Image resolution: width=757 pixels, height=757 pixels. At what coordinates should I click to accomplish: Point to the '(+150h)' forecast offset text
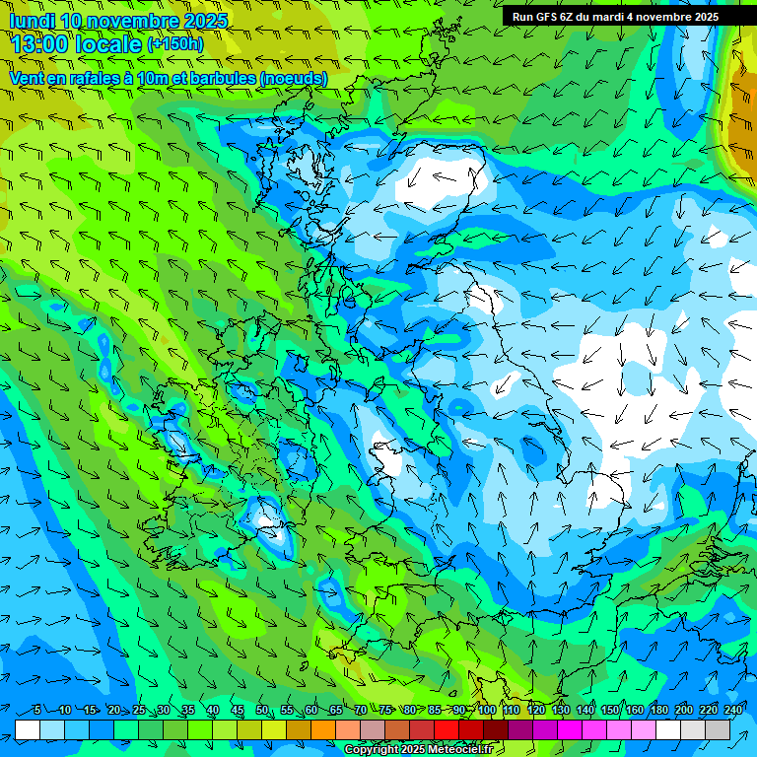pos(175,43)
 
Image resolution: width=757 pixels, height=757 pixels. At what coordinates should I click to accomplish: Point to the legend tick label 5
pos(37,710)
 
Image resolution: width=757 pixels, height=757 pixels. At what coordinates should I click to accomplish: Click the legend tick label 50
pos(262,710)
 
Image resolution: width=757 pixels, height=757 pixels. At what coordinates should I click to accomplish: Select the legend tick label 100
pos(487,710)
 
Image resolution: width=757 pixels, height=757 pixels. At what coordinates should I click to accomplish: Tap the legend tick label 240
pos(733,710)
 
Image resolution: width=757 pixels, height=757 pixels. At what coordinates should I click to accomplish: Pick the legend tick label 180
pos(659,710)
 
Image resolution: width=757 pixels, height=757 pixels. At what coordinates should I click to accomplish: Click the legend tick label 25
pos(138,710)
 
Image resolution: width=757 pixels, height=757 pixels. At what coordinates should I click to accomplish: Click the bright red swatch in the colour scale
pos(447,729)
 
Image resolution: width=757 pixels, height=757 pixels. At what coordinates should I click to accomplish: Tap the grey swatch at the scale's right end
pos(718,729)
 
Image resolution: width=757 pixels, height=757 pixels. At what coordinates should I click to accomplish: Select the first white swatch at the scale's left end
pos(28,729)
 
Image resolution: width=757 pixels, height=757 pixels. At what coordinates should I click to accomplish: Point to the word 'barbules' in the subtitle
pos(212,78)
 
